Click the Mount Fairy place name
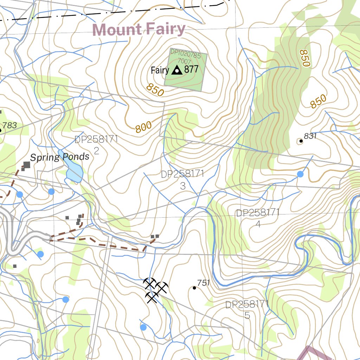(139, 30)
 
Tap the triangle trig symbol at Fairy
(176, 70)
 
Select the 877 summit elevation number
(191, 69)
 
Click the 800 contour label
(143, 127)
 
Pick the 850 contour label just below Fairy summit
(155, 90)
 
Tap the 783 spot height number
(9, 125)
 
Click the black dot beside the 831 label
(301, 141)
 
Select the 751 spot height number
(203, 283)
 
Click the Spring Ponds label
(59, 157)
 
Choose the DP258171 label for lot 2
(96, 140)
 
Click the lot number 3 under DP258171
(182, 186)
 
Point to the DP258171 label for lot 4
(257, 213)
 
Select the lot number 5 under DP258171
(247, 315)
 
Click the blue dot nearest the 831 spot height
(300, 174)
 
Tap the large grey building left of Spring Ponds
(27, 164)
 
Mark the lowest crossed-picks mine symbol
(152, 297)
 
